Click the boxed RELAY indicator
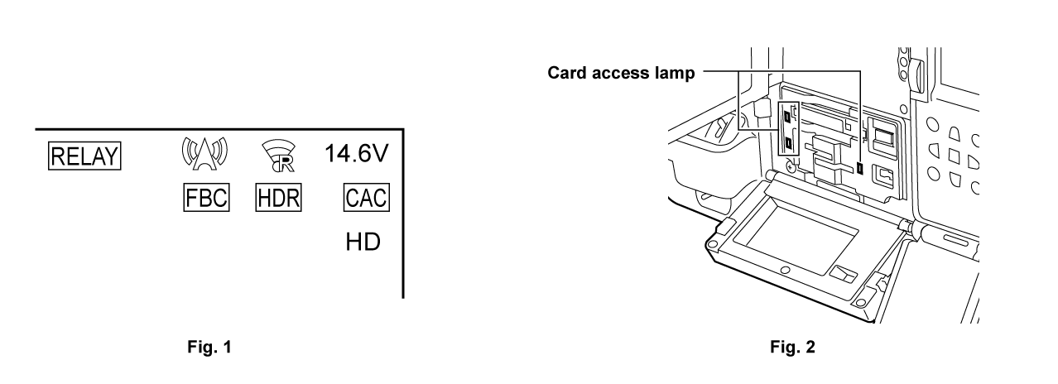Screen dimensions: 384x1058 (x=84, y=155)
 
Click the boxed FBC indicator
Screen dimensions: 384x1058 (x=205, y=199)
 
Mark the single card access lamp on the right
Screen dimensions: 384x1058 (x=860, y=169)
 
